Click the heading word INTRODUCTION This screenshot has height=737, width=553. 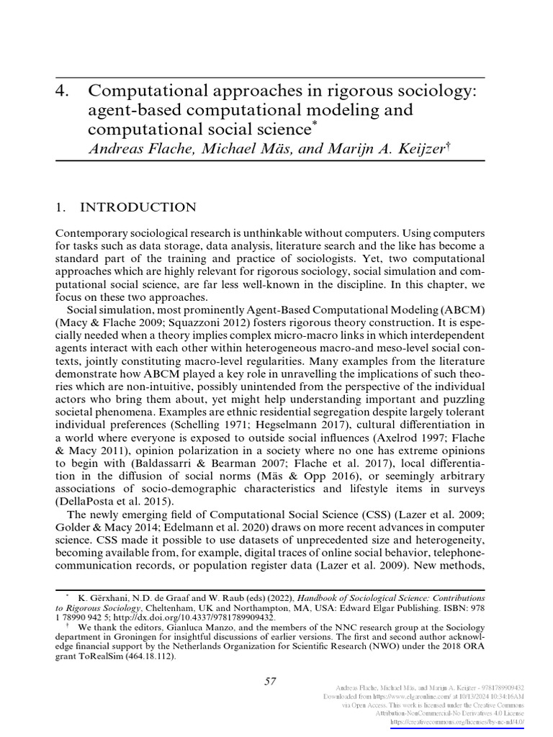[137, 208]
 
